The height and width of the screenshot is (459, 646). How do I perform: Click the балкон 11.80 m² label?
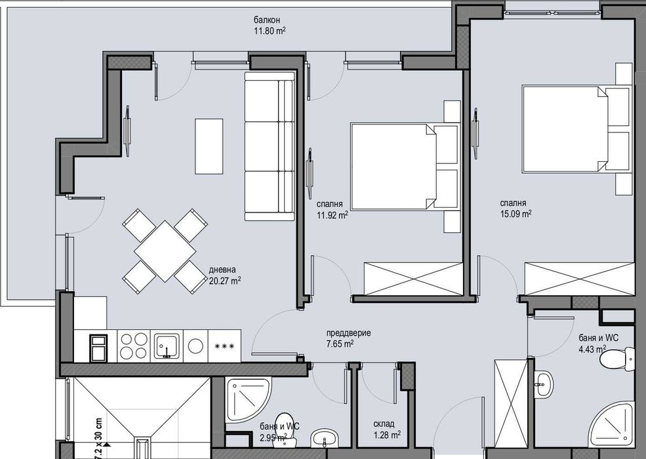[269, 25]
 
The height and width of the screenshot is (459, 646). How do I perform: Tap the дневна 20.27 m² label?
[225, 274]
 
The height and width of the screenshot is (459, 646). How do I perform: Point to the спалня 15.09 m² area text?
[515, 209]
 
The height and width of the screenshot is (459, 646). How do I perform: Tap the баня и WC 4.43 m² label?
[597, 343]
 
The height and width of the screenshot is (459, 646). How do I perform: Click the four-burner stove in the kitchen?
[134, 345]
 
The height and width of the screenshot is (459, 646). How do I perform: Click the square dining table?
[165, 250]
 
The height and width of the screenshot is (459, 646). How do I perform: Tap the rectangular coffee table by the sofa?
[209, 146]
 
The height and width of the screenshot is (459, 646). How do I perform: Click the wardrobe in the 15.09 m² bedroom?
[580, 279]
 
